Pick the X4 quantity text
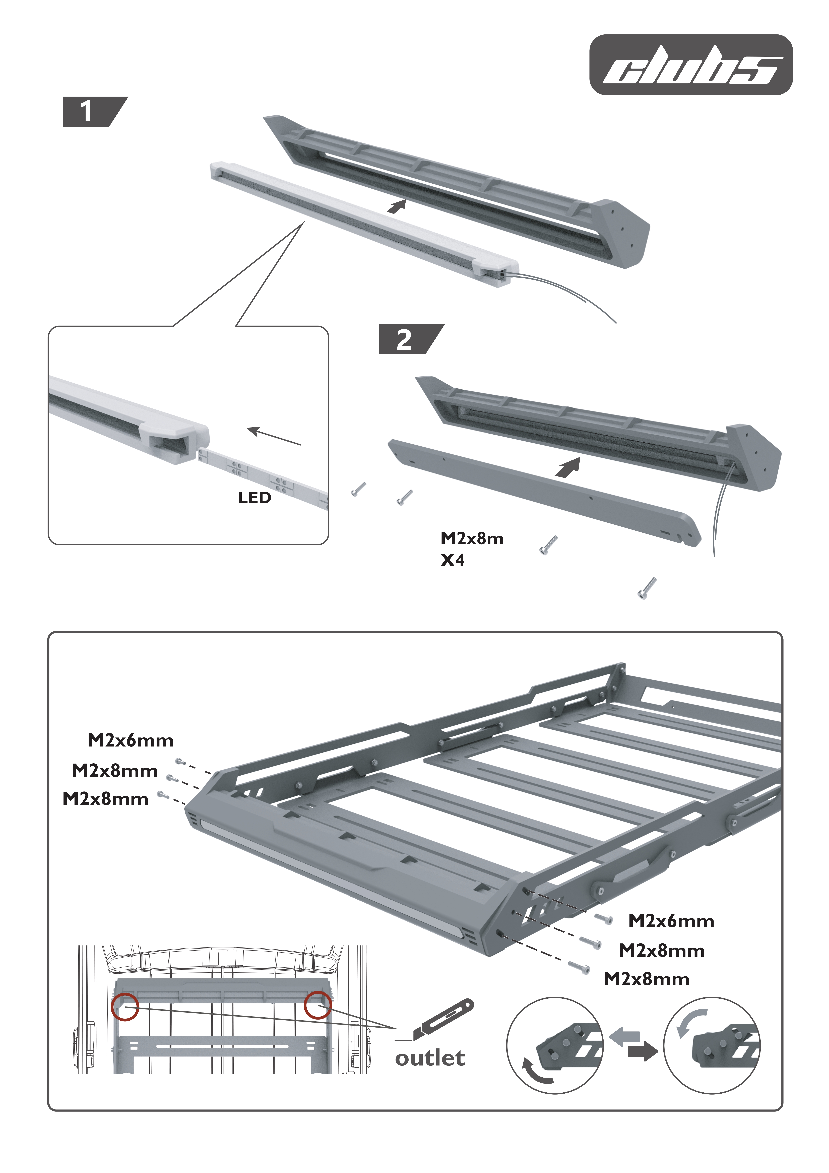click(x=453, y=560)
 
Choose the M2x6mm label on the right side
click(x=671, y=921)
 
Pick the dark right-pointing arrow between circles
click(x=642, y=1051)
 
